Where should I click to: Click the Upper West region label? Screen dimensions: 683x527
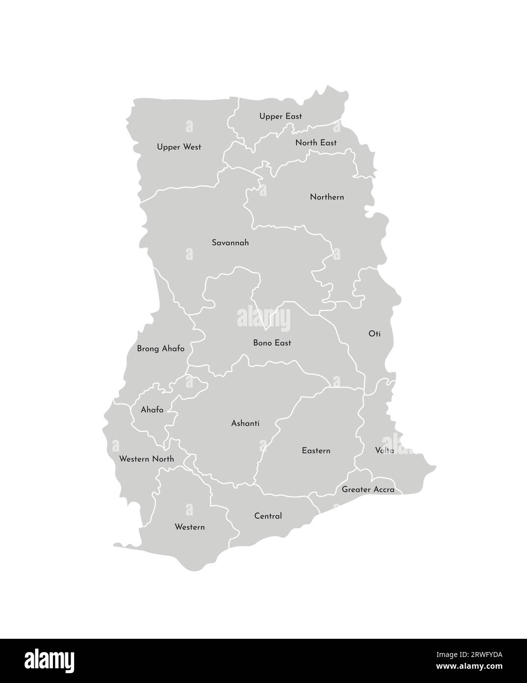(179, 147)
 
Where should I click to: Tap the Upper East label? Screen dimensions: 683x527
(280, 116)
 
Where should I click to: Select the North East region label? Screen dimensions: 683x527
(316, 142)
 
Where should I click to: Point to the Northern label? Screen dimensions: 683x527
(327, 197)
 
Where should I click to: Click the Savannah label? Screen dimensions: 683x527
(230, 243)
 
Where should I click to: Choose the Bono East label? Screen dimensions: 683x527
(272, 343)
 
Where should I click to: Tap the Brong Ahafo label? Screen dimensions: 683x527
(161, 349)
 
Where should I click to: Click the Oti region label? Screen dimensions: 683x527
(374, 334)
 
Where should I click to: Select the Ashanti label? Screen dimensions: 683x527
(245, 423)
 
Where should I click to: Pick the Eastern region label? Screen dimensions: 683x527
(316, 451)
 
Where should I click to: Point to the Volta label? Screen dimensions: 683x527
(384, 450)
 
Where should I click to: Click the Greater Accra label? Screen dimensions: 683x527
(368, 489)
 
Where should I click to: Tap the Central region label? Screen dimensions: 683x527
(268, 516)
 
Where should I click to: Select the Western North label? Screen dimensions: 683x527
(146, 459)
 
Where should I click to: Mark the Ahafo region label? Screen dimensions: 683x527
(152, 410)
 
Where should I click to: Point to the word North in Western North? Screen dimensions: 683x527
(163, 459)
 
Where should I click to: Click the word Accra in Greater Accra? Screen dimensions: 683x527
(383, 489)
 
